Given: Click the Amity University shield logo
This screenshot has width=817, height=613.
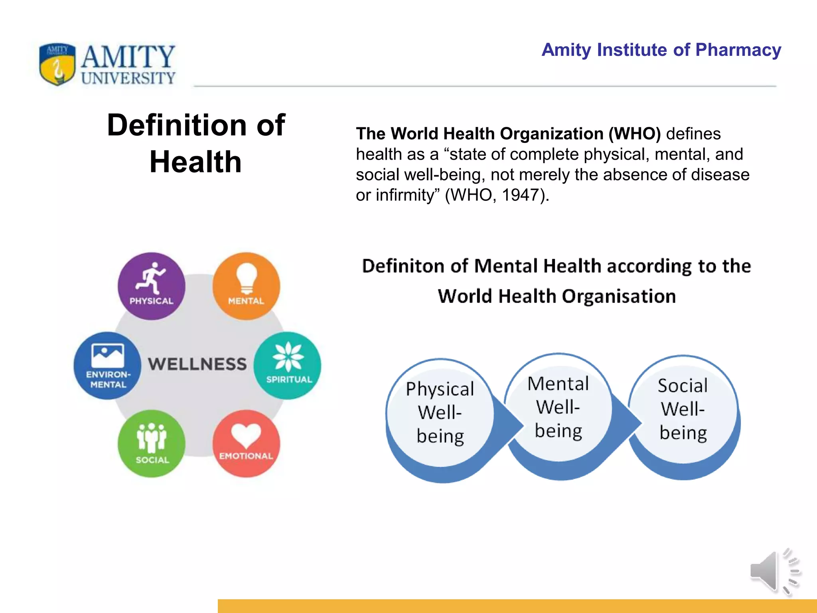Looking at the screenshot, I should coord(57,64).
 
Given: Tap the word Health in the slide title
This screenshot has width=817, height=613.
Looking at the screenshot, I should coord(195,162).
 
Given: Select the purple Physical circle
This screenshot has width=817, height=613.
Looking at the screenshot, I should coord(151,286).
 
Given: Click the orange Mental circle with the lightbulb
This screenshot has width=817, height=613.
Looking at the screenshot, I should coord(246,286).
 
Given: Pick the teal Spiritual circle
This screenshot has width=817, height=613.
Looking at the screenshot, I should coord(288,366).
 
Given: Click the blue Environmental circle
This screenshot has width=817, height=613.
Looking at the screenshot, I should coord(108,366).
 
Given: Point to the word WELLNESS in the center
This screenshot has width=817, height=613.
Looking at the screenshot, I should coord(197,364).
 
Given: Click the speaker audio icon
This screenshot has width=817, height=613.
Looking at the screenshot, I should coord(774,571).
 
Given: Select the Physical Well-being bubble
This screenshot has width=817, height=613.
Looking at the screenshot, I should coord(440,413).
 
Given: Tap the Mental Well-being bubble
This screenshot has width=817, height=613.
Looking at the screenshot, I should coord(558,408).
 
